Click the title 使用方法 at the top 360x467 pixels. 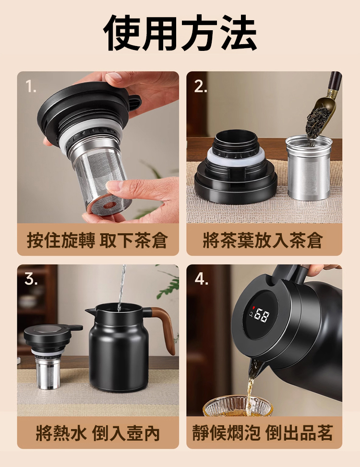pos(180,32)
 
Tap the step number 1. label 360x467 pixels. pos(31,86)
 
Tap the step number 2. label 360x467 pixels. pos(201,86)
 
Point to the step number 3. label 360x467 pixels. pos(31,279)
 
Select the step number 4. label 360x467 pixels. pos(201,279)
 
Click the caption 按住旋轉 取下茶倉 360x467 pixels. pos(97,240)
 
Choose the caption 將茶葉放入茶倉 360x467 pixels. pos(263,240)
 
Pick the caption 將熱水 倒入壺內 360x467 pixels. pos(97,433)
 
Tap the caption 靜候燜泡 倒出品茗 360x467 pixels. pos(263,433)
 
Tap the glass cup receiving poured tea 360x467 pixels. pos(237,407)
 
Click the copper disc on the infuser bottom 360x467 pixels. pos(109,205)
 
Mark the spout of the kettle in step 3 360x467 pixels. pos(89,312)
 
